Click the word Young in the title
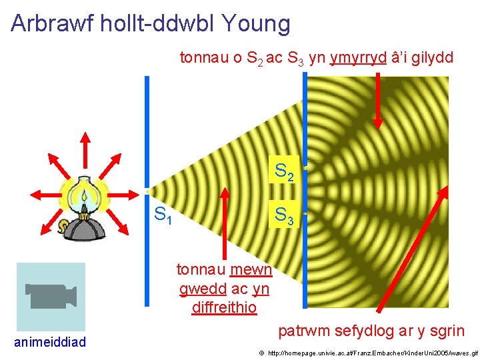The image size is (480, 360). pyautogui.click(x=257, y=24)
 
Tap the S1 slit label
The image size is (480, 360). pyautogui.click(x=163, y=215)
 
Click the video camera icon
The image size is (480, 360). pyautogui.click(x=51, y=296)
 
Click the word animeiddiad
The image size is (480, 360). pyautogui.click(x=50, y=343)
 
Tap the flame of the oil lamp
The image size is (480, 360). pyautogui.click(x=84, y=197)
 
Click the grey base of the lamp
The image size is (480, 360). pyautogui.click(x=84, y=229)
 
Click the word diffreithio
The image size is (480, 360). pyautogui.click(x=223, y=307)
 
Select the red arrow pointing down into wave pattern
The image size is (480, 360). pyautogui.click(x=378, y=100)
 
